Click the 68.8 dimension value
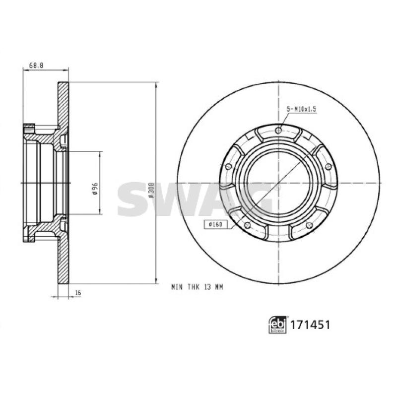coord(36,66)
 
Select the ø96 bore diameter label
coord(95,189)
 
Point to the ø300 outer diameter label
coord(151,190)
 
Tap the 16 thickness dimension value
coord(78,293)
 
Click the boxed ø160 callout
coord(216,224)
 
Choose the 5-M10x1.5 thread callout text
coord(301,109)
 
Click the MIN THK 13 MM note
coord(197,287)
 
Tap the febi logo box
coord(277,325)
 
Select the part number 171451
coord(310,325)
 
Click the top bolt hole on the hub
coord(278,131)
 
